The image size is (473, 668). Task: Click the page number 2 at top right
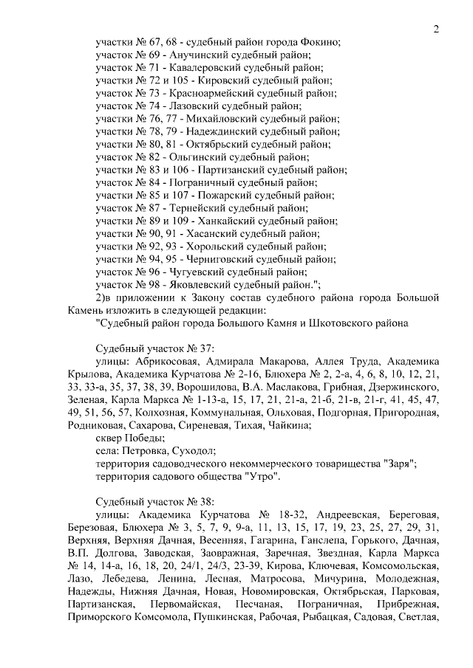coord(436,30)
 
